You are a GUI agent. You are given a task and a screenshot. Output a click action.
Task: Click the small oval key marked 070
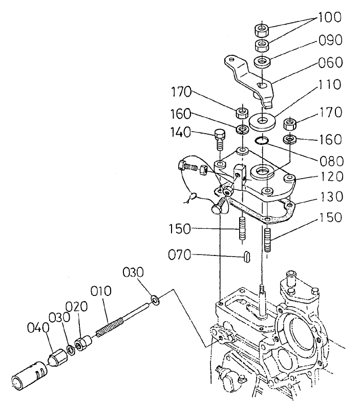point(246,255)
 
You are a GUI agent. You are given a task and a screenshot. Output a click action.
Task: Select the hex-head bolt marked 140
point(219,138)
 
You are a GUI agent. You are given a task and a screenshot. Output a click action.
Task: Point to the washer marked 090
point(264,63)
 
